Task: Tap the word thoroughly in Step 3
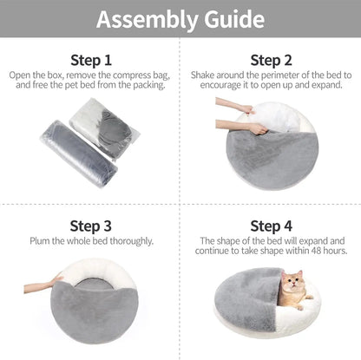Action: pyautogui.click(x=131, y=240)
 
